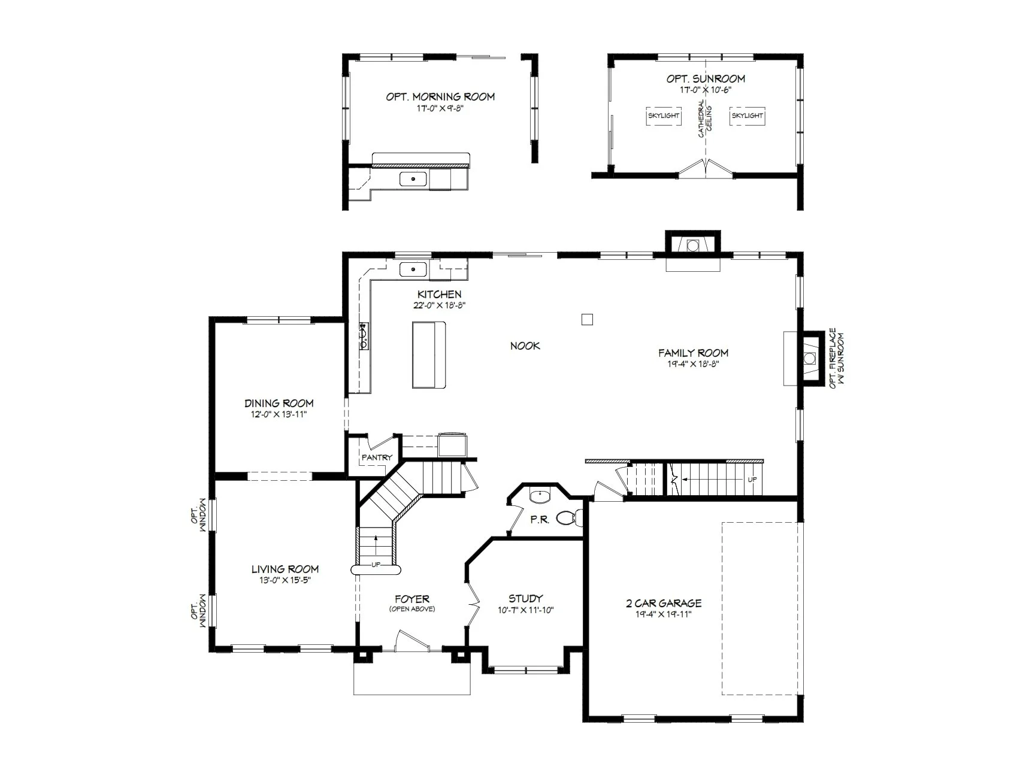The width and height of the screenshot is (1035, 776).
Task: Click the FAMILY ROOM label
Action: [x=693, y=353]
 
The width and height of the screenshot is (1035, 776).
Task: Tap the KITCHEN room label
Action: [x=440, y=294]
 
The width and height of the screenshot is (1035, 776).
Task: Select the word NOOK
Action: [x=525, y=345]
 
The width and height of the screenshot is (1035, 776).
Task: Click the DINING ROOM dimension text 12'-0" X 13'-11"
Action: [x=279, y=414]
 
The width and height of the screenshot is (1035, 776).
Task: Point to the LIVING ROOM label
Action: [x=285, y=569]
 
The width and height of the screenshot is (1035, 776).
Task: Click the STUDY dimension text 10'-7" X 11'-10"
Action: [x=526, y=610]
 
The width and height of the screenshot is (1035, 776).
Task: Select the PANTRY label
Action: [x=377, y=457]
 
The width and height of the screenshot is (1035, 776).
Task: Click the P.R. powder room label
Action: [x=540, y=520]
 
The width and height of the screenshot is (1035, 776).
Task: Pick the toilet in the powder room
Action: [x=568, y=517]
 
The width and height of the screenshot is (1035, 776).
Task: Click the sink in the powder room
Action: [x=540, y=496]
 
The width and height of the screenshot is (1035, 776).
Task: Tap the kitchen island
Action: [x=429, y=354]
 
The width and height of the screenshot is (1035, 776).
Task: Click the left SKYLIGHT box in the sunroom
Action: [x=664, y=116]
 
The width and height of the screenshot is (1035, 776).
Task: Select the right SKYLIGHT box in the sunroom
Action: [x=747, y=116]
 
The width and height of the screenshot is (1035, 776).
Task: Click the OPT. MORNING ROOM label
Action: [x=440, y=96]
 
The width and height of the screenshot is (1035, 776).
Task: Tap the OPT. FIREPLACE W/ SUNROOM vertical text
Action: [x=837, y=357]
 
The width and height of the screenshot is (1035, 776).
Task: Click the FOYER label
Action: [x=412, y=599]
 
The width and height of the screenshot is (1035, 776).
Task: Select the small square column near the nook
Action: [x=587, y=319]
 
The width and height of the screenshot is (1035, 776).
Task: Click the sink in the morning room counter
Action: [x=413, y=179]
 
